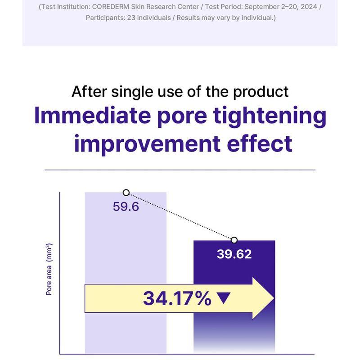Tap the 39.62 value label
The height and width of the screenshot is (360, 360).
click(x=234, y=254)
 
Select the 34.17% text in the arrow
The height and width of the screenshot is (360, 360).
click(x=177, y=298)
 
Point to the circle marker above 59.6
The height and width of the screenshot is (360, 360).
click(x=126, y=193)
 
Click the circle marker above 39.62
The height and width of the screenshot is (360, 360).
click(x=234, y=240)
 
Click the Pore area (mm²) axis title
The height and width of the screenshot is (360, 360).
click(x=49, y=269)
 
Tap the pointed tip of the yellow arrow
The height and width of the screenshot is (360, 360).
click(x=273, y=298)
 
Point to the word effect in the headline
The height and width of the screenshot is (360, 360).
click(x=263, y=144)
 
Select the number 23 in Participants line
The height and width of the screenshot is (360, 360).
click(x=133, y=18)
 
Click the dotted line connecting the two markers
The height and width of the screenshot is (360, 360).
click(x=180, y=216)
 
